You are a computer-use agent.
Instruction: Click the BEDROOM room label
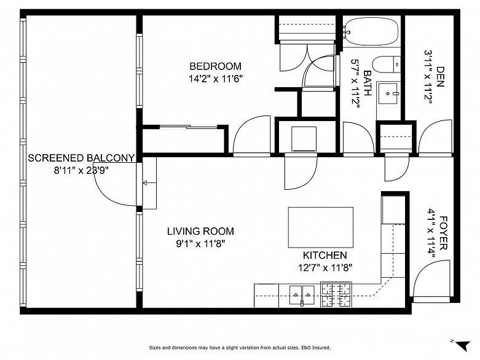click(x=216, y=66)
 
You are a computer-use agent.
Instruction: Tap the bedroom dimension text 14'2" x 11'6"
click(x=216, y=79)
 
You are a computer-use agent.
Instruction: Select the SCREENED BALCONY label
click(x=81, y=158)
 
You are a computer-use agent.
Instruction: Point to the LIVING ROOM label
click(x=200, y=231)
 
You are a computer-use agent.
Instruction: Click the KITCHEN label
click(x=325, y=255)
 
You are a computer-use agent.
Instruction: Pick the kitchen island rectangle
click(x=320, y=227)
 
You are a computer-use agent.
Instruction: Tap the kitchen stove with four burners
click(x=336, y=294)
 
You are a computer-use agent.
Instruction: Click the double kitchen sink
click(x=302, y=295)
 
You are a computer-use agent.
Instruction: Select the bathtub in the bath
click(x=371, y=31)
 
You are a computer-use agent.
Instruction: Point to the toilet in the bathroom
click(x=387, y=65)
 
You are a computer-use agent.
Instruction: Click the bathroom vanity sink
click(x=388, y=93)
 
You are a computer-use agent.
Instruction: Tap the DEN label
click(x=439, y=77)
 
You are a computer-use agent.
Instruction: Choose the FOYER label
click(x=443, y=233)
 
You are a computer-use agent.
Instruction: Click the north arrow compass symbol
click(x=463, y=345)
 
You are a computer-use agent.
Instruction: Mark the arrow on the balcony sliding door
click(x=149, y=183)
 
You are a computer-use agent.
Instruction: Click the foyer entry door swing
click(x=431, y=278)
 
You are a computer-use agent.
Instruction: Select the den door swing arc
click(x=435, y=137)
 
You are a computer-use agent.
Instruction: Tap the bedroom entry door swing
click(x=251, y=135)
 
